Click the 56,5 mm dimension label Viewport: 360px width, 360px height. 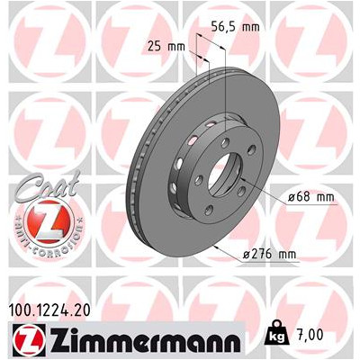[x=235, y=27]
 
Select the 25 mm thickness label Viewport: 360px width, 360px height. [x=166, y=47]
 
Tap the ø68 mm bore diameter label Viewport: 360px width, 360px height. [x=310, y=197]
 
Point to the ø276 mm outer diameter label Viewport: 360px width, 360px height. [x=269, y=255]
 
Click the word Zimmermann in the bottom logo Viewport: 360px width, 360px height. [x=144, y=341]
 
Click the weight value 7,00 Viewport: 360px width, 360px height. [x=310, y=335]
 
